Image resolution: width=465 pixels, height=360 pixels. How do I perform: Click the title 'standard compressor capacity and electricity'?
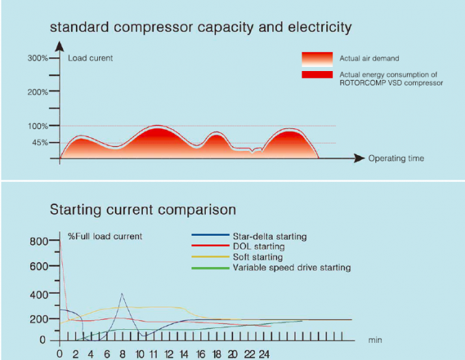tap(200, 28)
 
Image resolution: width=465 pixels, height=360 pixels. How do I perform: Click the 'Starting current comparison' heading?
tap(143, 209)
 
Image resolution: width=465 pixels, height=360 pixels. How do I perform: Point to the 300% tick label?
tap(38, 58)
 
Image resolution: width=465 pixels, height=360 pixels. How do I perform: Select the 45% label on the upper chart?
tap(40, 143)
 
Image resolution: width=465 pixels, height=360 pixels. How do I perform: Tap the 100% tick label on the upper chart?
tap(38, 126)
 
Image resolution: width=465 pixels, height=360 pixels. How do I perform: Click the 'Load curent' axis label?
tap(90, 58)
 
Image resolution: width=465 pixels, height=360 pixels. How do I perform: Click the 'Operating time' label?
tap(396, 158)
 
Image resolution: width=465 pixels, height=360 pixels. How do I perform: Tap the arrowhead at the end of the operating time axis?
tap(360, 158)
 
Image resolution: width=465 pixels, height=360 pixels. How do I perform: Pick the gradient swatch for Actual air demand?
tap(317, 59)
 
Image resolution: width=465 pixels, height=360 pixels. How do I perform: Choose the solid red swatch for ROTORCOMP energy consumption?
tap(317, 74)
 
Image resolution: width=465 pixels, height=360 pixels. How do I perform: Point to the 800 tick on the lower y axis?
tap(40, 241)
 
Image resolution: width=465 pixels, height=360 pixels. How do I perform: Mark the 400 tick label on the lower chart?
tap(40, 294)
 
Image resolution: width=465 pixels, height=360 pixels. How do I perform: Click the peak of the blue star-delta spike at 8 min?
tap(122, 294)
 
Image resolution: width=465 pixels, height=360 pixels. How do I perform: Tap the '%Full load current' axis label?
tap(105, 236)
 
